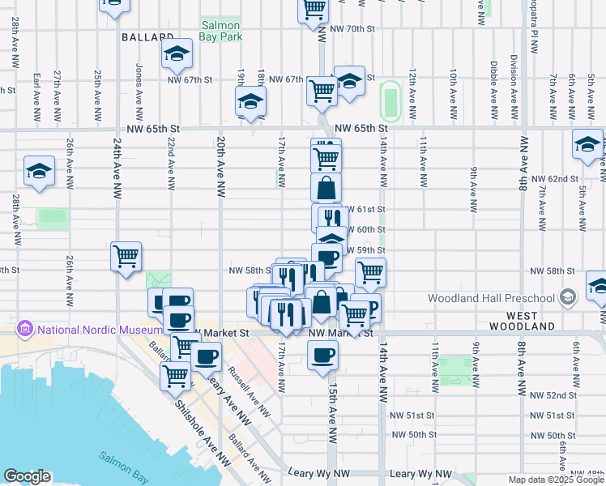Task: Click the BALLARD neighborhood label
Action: [147, 37]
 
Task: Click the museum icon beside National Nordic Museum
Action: [23, 330]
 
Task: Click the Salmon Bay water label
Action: [122, 458]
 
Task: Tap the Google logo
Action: [27, 476]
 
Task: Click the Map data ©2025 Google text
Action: [556, 480]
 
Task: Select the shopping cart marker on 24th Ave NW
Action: [126, 257]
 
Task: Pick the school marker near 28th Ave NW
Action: [39, 171]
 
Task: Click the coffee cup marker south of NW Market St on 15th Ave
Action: [323, 355]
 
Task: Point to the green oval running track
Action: [390, 100]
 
